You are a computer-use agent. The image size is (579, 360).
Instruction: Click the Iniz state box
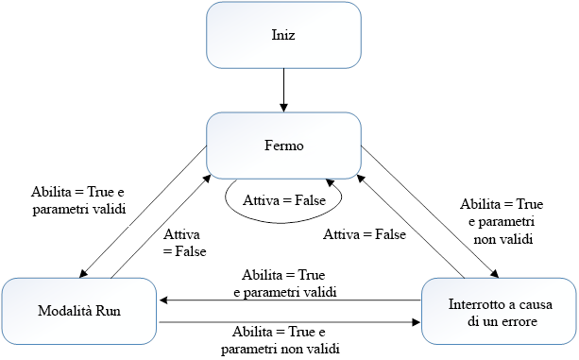coord(284,35)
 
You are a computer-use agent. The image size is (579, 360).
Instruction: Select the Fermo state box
coord(284,146)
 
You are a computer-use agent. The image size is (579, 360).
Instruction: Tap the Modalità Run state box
coord(80,311)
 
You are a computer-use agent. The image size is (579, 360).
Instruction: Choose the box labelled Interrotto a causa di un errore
coord(498,311)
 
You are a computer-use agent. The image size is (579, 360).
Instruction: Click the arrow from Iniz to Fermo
coord(284,90)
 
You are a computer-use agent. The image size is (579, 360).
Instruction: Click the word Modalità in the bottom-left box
coord(61,311)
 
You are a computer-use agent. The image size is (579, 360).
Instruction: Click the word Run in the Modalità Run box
coord(107,311)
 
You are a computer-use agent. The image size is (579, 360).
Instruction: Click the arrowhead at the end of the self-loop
coord(329,182)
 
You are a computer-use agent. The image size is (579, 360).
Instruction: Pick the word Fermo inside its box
coord(284,146)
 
